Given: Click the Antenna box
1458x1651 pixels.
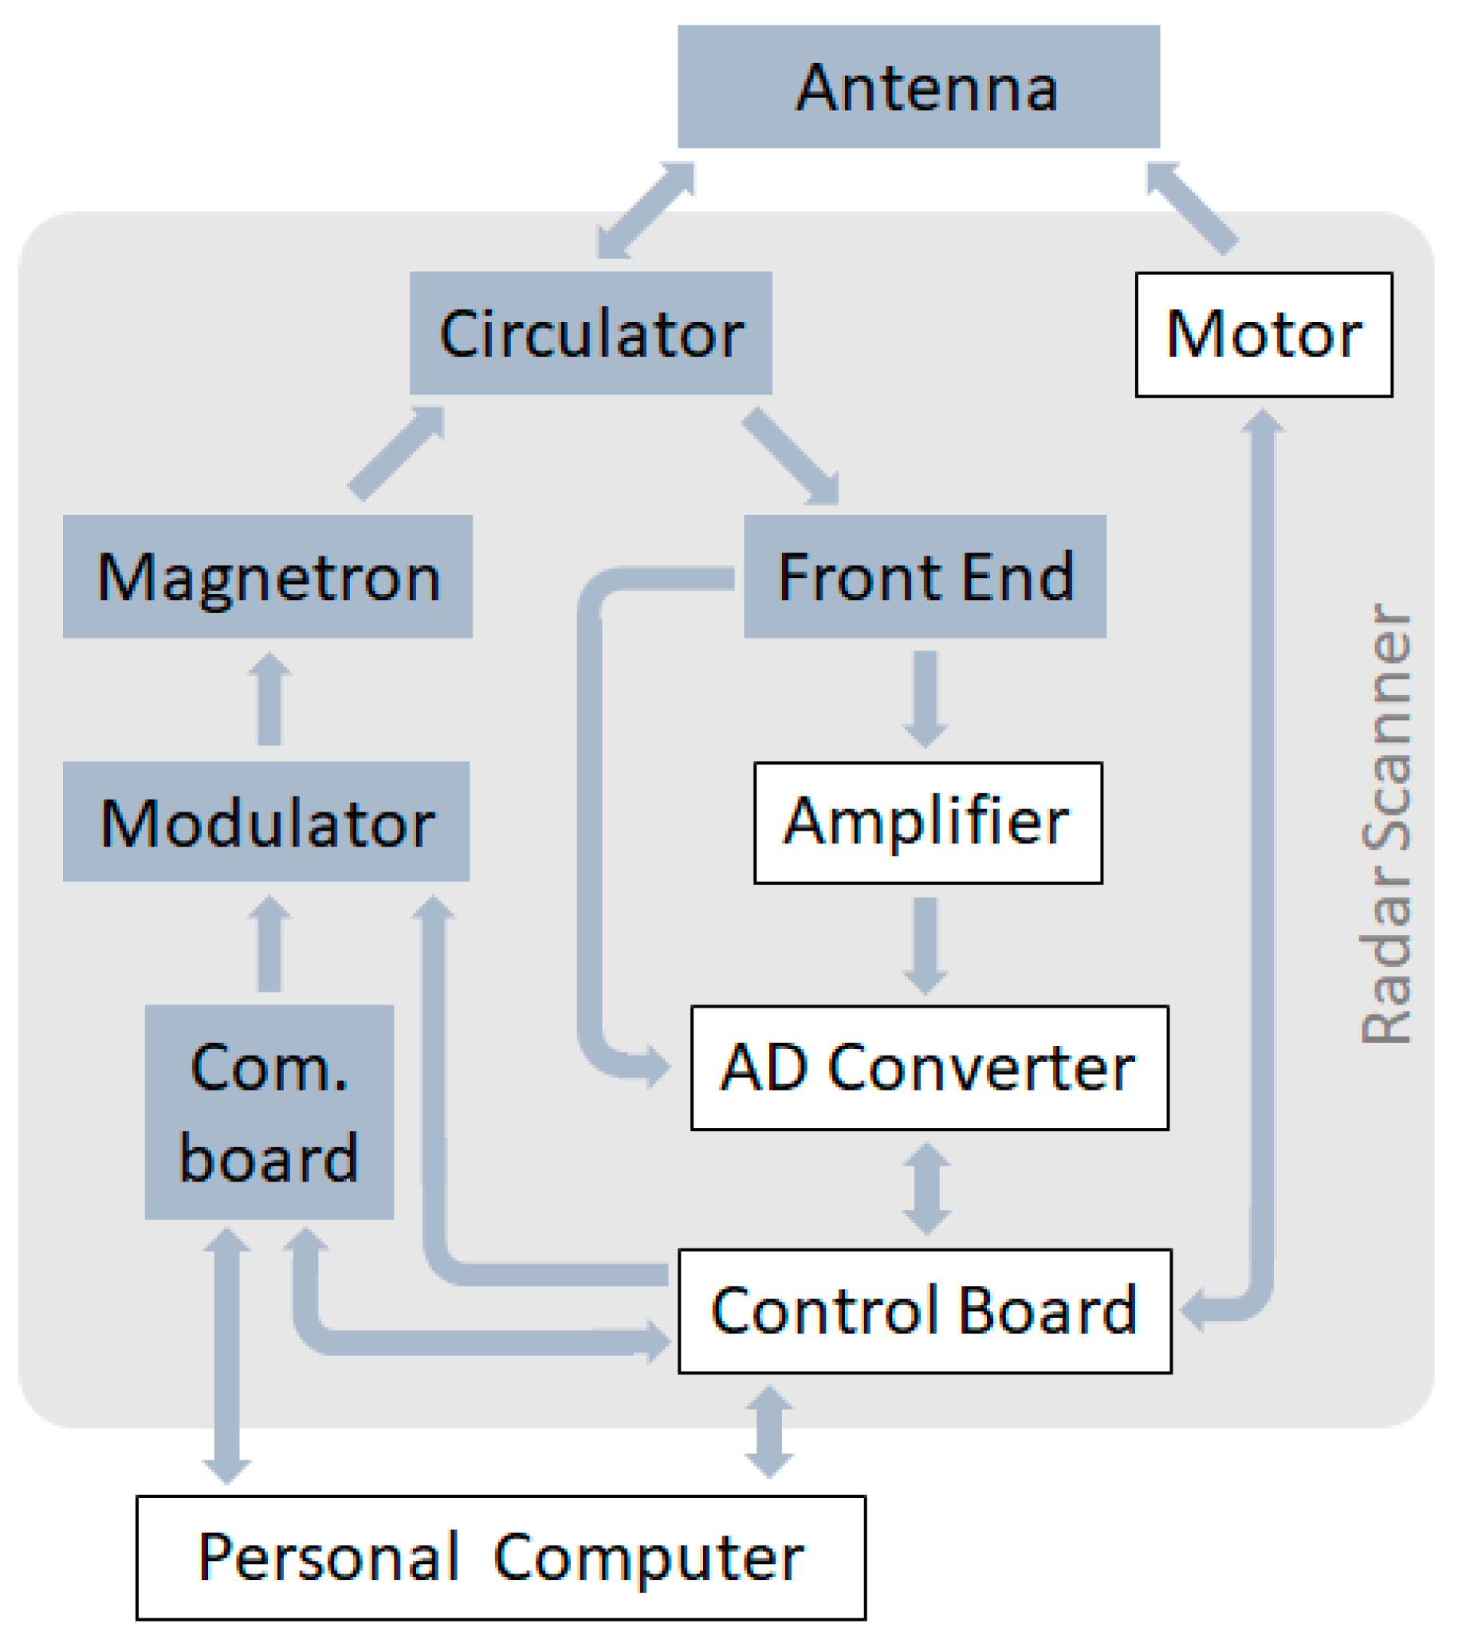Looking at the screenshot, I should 918,86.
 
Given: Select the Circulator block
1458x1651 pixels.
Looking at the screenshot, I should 591,332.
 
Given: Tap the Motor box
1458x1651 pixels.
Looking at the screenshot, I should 1263,334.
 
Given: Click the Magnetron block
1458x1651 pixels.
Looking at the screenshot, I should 267,576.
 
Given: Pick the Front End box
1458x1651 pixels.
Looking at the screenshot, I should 925,576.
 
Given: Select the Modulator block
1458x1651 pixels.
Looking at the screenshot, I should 265,821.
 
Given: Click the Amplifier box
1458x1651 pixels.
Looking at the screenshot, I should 927,823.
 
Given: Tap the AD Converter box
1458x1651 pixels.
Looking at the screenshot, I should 929,1067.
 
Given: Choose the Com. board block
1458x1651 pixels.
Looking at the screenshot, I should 269,1111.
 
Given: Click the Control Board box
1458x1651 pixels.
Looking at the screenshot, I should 924,1311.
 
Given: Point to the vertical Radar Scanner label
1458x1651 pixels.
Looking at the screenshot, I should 1386,824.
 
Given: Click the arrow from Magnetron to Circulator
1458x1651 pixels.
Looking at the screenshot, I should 396,454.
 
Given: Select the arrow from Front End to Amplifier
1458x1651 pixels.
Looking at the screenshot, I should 925,698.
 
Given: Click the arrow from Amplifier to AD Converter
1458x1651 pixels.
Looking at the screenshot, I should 925,944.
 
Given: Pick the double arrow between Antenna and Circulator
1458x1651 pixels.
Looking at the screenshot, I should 646,210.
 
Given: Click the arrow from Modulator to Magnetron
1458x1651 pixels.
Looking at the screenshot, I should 269,699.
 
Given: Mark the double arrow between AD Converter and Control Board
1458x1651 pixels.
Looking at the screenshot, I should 925,1188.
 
